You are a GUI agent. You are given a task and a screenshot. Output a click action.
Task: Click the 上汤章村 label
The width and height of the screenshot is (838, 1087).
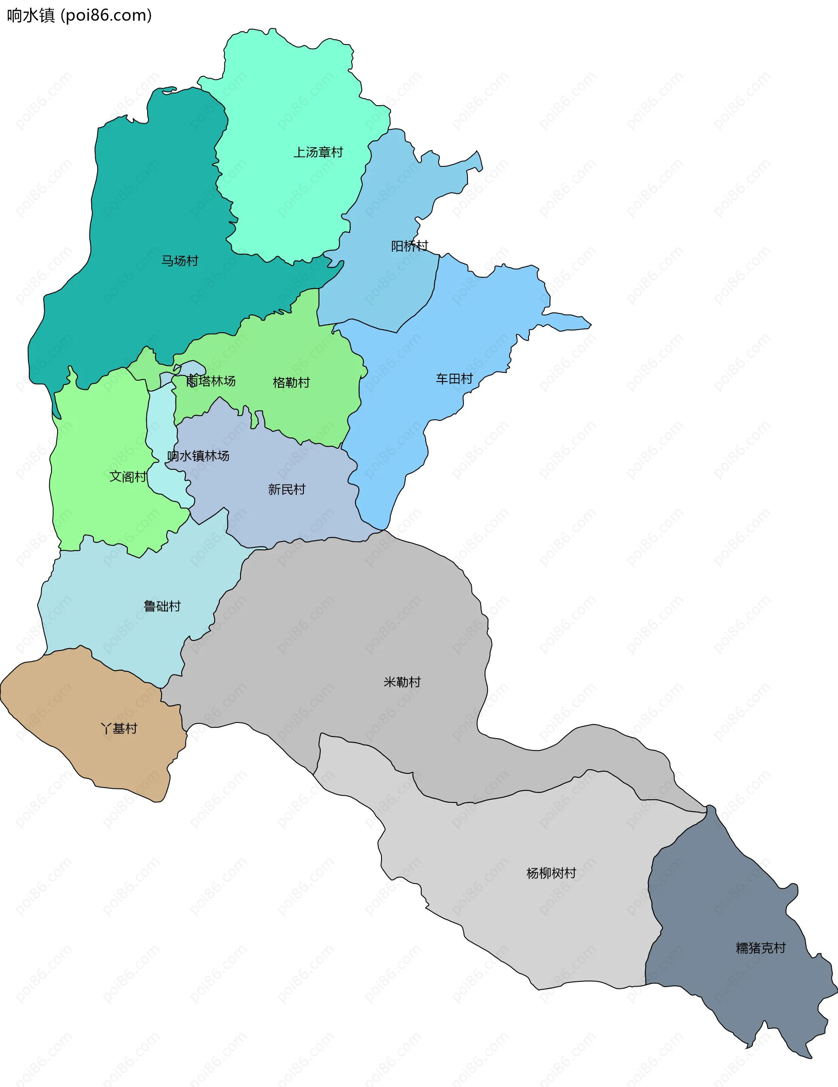[x=318, y=152]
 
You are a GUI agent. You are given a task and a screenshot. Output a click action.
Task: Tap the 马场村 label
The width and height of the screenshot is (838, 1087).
[x=180, y=261]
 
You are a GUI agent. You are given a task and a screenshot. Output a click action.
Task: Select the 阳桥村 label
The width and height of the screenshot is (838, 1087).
[x=409, y=246]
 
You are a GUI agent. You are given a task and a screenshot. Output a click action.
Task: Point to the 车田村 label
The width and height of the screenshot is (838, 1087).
[x=454, y=379]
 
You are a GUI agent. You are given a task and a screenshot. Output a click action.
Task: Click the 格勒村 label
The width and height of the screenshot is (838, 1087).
[x=291, y=382]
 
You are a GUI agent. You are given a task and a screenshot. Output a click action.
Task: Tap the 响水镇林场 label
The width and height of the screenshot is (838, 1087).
[x=198, y=456]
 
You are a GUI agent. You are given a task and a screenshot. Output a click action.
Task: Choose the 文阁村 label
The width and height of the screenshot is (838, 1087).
[x=128, y=477]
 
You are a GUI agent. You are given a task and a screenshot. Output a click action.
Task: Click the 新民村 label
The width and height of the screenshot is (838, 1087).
[x=287, y=489]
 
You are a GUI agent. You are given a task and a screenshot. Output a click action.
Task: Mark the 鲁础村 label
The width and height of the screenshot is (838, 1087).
[x=162, y=606]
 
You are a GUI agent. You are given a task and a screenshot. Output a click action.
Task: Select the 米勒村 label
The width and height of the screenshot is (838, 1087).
[x=402, y=682]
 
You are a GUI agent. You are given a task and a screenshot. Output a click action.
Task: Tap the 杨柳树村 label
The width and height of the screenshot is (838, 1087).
[x=551, y=873]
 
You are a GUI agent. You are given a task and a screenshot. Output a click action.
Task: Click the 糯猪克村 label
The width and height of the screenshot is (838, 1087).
[x=761, y=948]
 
